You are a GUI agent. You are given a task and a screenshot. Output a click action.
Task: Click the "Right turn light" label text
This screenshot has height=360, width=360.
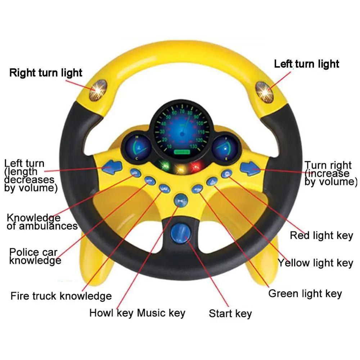tap(46, 73)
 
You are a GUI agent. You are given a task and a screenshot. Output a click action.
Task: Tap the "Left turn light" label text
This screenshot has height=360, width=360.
tap(306, 64)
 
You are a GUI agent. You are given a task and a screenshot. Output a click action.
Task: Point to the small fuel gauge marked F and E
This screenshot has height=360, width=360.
tap(225, 148)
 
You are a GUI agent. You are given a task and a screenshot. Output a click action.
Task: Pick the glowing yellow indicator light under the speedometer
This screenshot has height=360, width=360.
tap(180, 168)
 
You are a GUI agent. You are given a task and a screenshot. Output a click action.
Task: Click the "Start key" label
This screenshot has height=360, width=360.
tap(230, 314)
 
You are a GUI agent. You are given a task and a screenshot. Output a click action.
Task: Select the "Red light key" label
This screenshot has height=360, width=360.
tap(321, 236)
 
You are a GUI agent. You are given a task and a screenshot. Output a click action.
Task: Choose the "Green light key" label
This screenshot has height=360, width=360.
tap(305, 293)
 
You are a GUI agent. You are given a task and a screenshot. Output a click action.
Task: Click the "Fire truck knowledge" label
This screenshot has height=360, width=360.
tap(61, 296)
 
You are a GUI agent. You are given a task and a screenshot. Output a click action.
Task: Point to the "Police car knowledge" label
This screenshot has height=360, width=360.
tap(35, 256)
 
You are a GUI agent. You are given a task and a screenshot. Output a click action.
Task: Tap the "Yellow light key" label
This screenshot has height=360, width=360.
tap(315, 263)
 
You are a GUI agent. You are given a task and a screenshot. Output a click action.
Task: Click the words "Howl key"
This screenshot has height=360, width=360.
tap(111, 312)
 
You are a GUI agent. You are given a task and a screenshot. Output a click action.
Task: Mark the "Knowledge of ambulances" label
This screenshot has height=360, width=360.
tap(42, 222)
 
